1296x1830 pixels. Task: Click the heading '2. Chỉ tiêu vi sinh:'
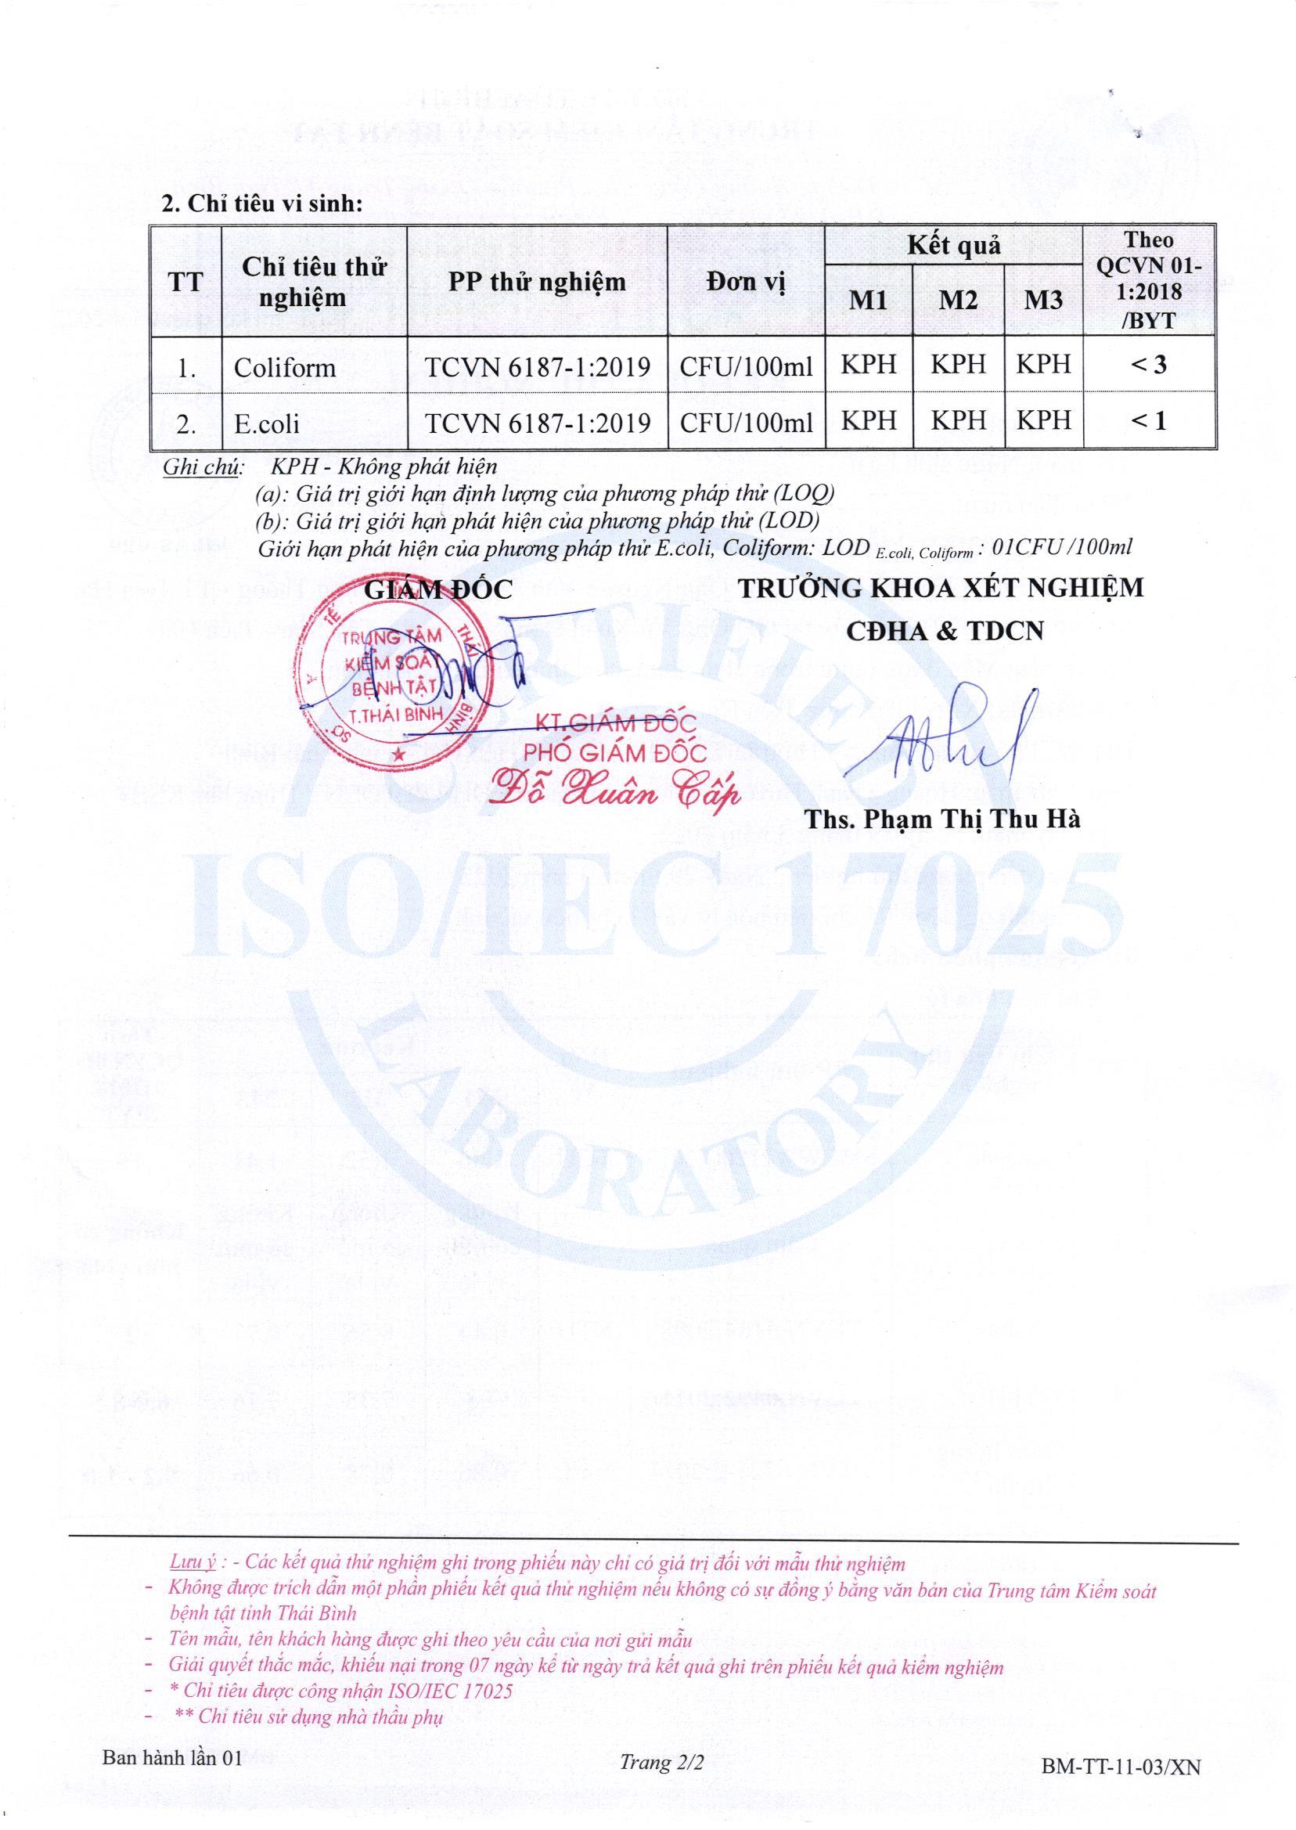click(262, 204)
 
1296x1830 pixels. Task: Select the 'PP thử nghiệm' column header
click(536, 282)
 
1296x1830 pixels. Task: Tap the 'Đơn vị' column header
click(745, 282)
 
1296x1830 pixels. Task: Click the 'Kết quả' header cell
click(953, 246)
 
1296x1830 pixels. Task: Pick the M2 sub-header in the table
click(958, 300)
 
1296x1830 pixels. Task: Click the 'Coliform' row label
click(284, 367)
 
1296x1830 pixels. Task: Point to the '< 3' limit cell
click(1148, 365)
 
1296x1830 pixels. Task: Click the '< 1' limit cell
click(1148, 420)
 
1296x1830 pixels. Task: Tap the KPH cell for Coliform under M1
click(868, 365)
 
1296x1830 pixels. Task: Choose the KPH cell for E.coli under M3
click(1043, 420)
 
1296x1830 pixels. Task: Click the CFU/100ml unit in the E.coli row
click(745, 422)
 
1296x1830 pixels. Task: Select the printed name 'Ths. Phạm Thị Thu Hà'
click(942, 819)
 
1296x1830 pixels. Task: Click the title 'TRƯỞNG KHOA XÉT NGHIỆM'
click(941, 588)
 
